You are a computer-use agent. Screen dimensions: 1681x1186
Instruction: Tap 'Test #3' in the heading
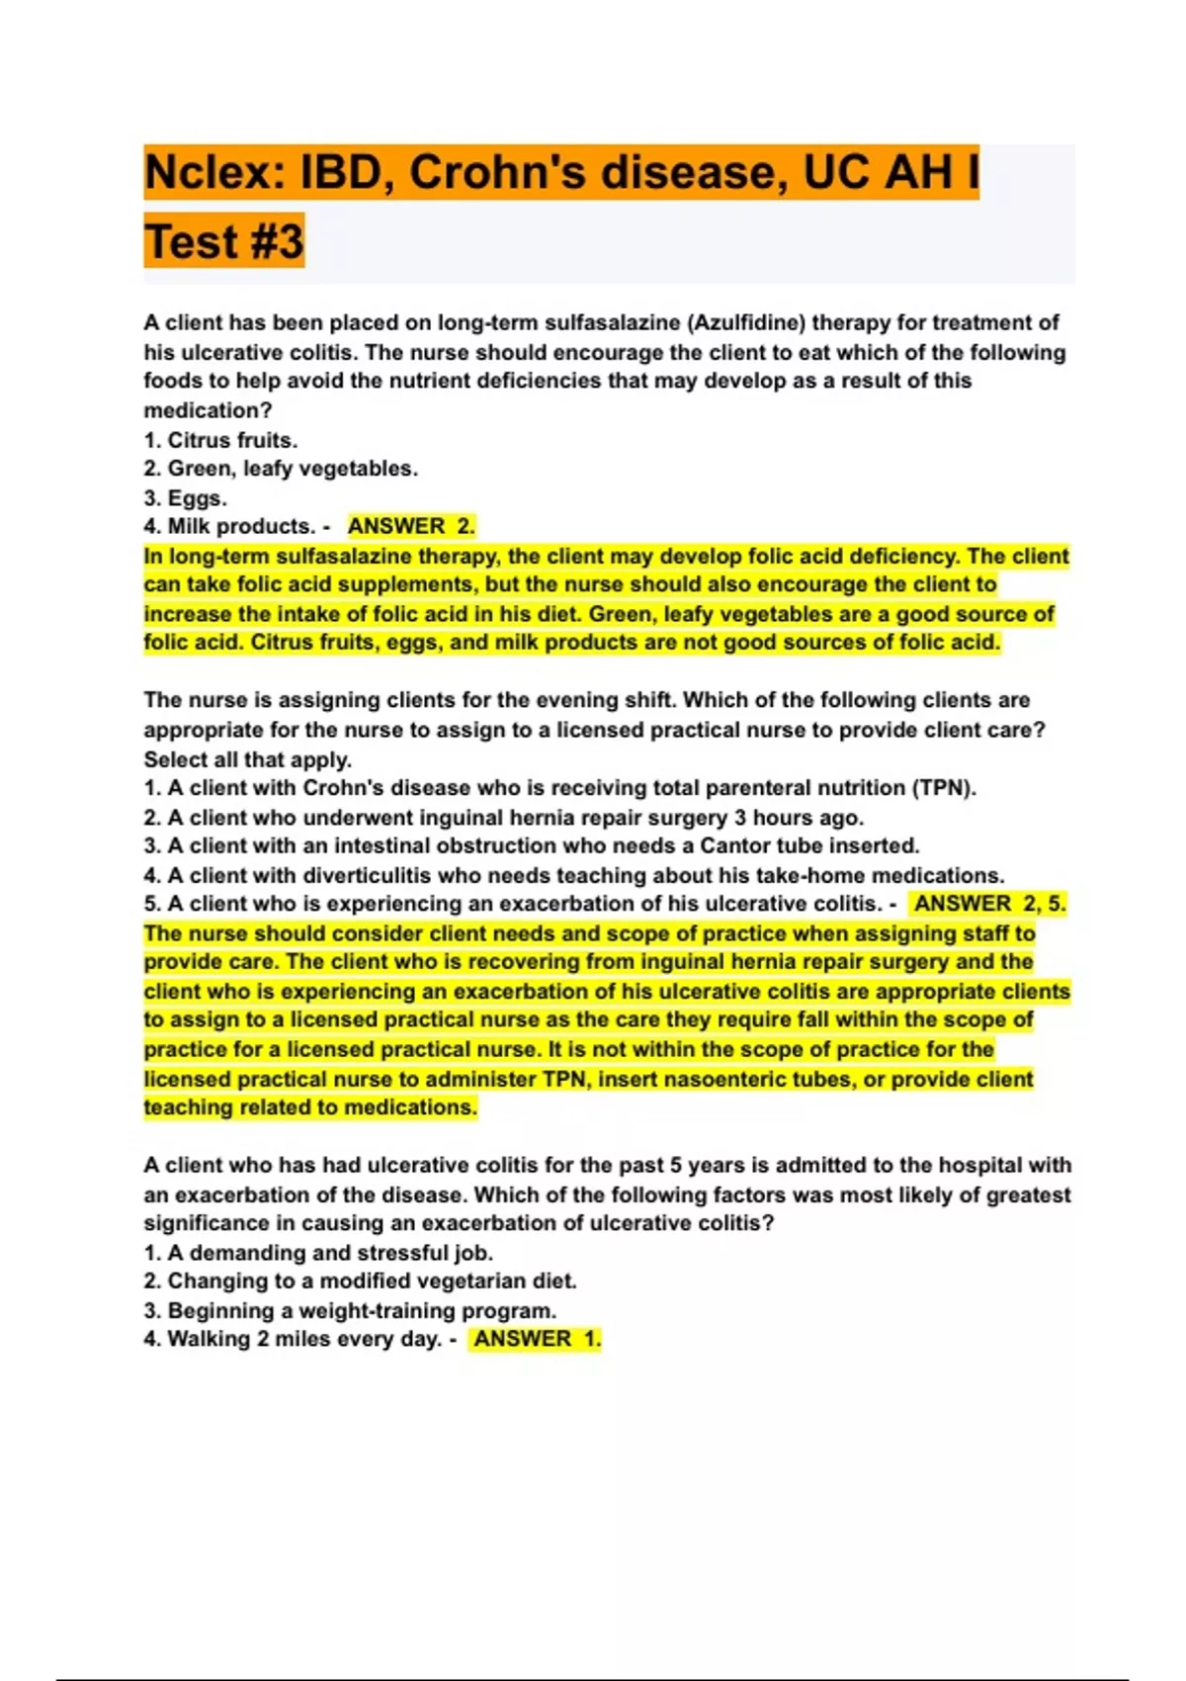(224, 241)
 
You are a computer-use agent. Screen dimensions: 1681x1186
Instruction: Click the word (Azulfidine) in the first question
(745, 322)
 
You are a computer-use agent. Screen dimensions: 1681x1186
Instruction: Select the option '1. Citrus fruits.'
(220, 440)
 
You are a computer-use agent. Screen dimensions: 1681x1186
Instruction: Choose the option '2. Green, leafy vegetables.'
(281, 469)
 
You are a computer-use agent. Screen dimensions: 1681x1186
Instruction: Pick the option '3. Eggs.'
(185, 497)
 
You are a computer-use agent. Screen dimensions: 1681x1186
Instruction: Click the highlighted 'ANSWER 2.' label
(411, 526)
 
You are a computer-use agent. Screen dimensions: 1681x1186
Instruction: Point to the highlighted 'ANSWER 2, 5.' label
(989, 904)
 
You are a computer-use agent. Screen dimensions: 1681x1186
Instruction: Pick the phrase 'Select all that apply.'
(247, 759)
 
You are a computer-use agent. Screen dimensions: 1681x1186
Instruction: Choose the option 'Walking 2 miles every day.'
(293, 1339)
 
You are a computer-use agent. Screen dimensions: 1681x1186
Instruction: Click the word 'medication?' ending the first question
(208, 410)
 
